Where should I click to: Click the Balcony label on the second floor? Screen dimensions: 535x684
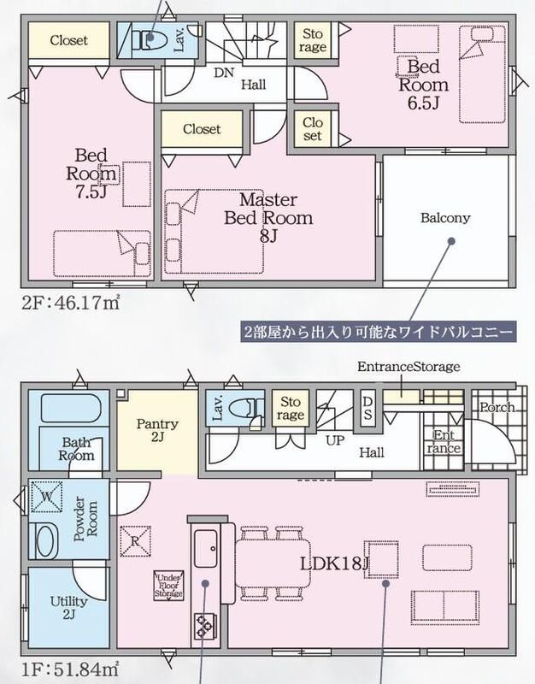445,218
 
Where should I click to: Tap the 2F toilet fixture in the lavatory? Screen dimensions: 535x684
147,38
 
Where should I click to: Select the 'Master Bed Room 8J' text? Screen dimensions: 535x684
268,218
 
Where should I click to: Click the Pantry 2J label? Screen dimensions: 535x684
157,430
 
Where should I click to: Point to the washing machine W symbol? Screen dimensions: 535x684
47,497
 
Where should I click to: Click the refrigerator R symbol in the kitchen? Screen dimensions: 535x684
135,541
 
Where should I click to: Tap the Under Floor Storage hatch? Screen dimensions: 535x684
168,586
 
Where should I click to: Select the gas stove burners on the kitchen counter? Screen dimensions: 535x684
203,626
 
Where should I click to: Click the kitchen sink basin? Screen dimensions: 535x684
205,548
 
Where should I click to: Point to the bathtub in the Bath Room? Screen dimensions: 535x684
71,408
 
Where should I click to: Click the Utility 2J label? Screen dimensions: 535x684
68,608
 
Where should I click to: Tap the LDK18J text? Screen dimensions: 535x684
334,563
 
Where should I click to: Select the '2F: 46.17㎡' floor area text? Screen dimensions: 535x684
71,303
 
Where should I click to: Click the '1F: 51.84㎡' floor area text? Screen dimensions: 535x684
70,669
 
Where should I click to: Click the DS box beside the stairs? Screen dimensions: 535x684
367,408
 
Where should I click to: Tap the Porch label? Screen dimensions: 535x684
497,407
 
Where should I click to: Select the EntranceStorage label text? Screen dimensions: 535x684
409,367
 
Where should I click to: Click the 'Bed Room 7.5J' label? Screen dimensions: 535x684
91,174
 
